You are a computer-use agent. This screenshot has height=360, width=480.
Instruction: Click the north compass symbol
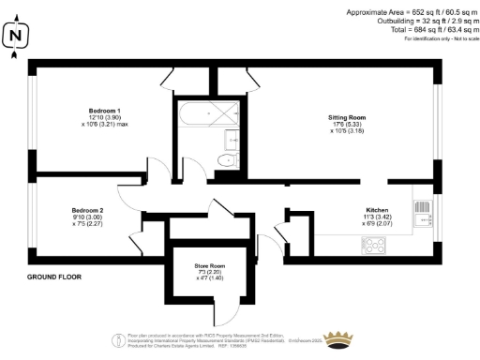[x=15, y=37]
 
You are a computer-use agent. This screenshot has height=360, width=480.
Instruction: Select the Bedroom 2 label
[x=87, y=210]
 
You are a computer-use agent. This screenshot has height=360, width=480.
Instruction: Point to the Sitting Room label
[x=346, y=117]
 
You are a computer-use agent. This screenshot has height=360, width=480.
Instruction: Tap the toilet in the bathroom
[x=226, y=161]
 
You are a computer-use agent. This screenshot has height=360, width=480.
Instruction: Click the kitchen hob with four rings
[x=375, y=246]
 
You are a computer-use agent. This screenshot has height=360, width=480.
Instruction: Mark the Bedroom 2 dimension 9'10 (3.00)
[x=87, y=217]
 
